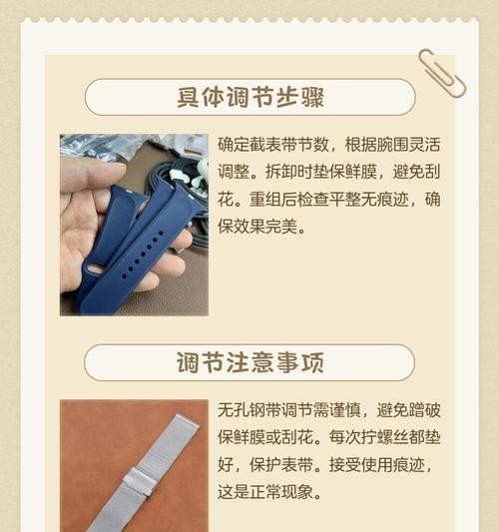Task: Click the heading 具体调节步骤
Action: (x=249, y=98)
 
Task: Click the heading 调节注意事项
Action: (x=249, y=362)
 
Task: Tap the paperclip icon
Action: (x=442, y=72)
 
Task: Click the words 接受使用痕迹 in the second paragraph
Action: (x=375, y=465)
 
